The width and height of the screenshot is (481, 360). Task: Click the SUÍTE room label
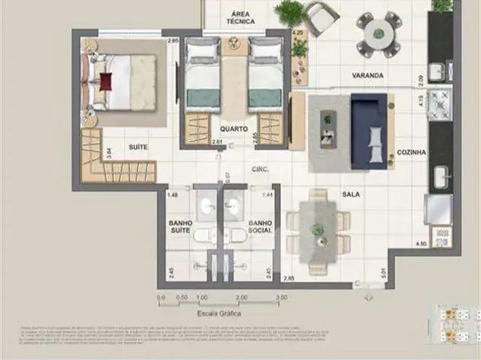(137, 147)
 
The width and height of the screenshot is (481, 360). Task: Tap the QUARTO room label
(234, 128)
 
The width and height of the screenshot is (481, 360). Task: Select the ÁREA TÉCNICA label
(241, 17)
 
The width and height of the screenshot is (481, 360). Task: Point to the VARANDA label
(368, 76)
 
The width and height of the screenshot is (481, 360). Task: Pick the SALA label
(350, 194)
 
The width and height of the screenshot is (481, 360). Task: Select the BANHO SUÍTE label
(180, 227)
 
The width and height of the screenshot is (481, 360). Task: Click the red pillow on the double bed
(105, 81)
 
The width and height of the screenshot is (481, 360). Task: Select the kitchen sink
(440, 177)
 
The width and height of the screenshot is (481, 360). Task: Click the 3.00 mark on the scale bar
(281, 298)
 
